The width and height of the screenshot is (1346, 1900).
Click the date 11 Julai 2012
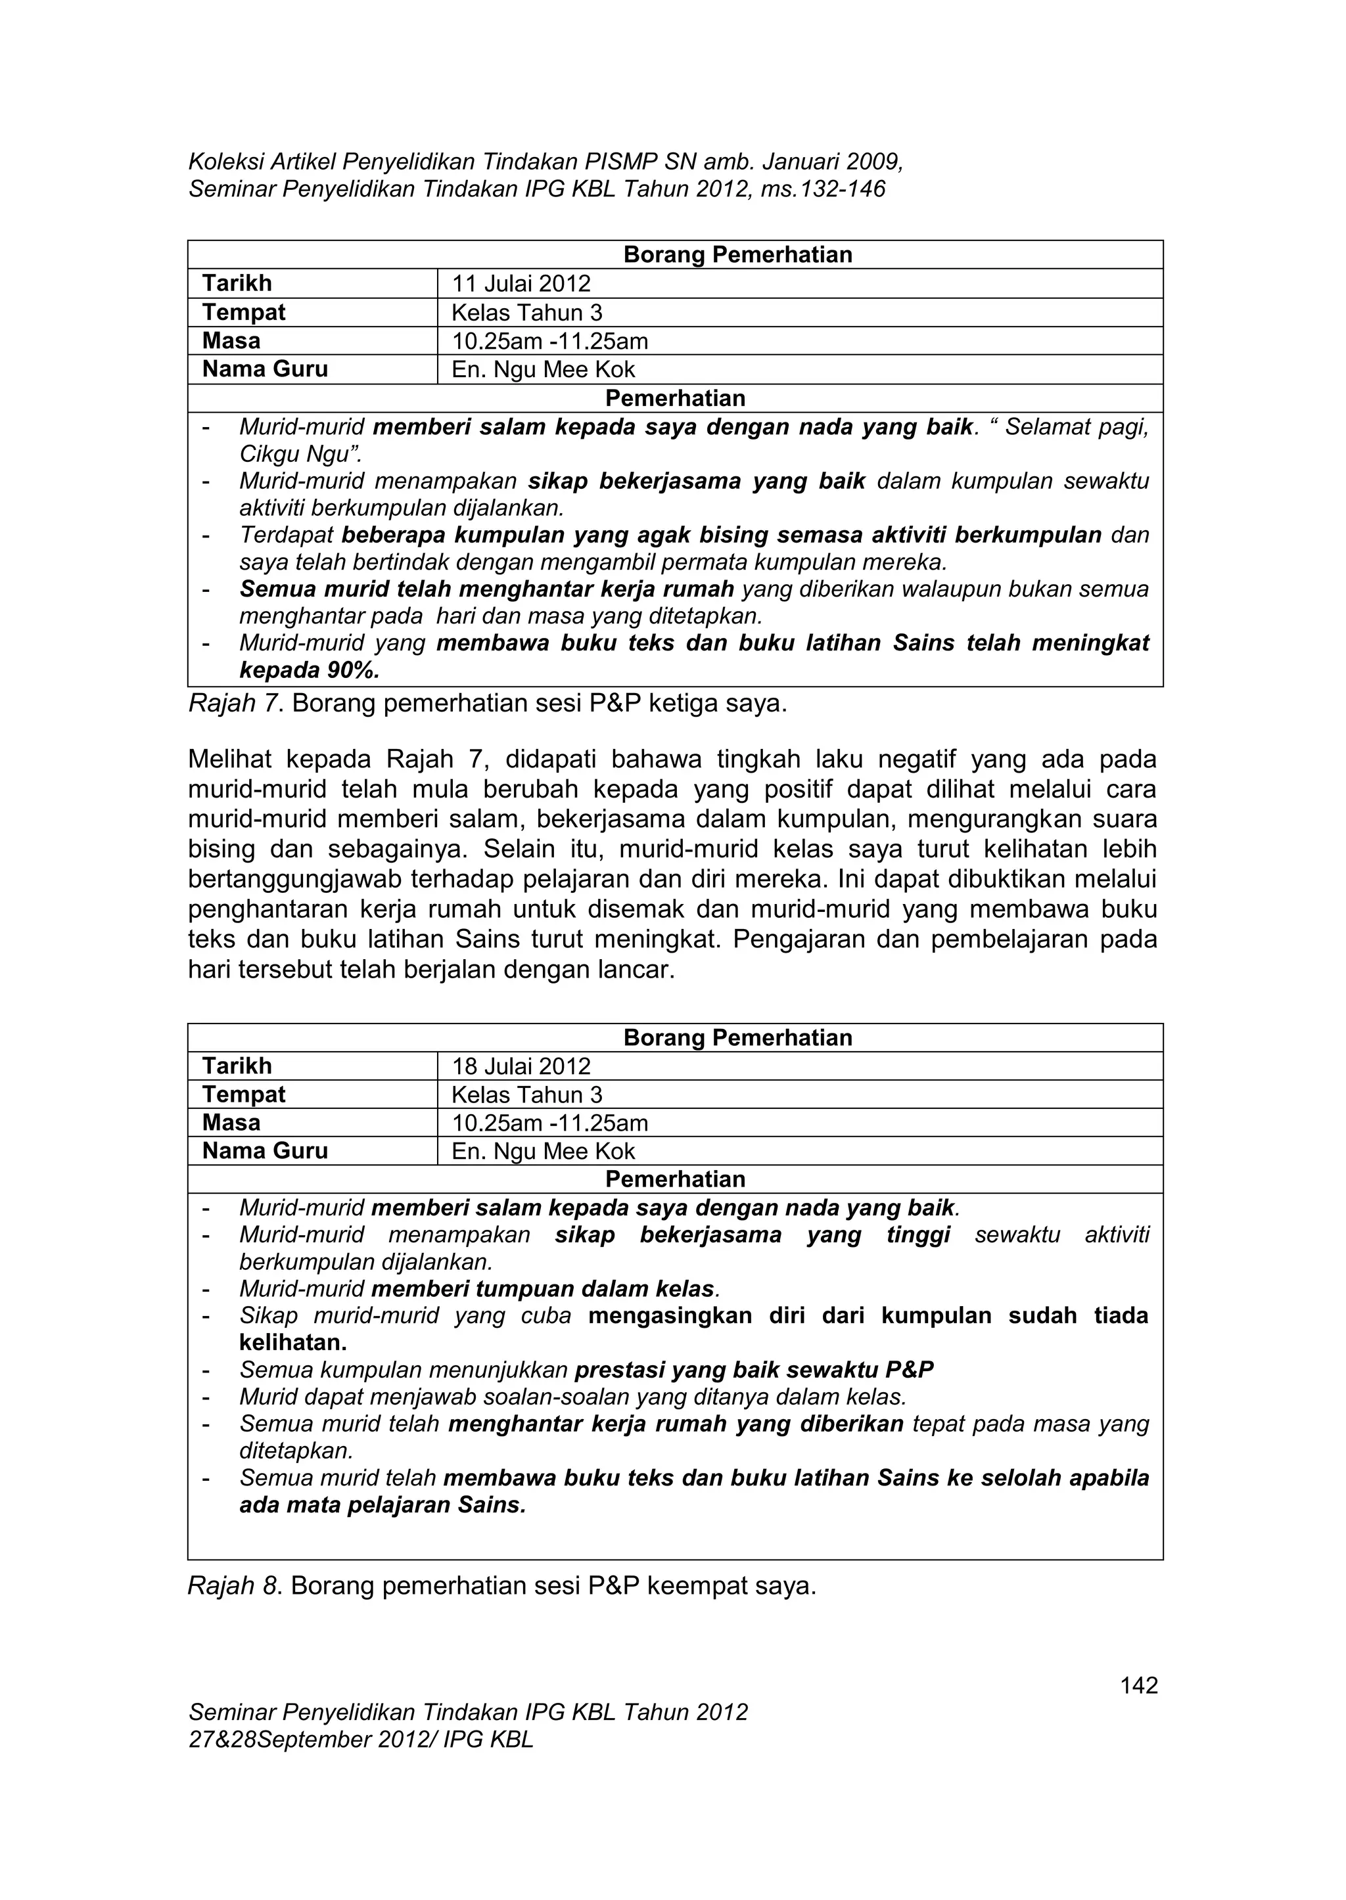(521, 284)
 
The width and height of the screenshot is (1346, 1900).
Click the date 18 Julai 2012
(521, 1066)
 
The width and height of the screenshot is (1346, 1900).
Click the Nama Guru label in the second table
(266, 1151)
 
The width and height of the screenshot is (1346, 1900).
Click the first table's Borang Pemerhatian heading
(737, 254)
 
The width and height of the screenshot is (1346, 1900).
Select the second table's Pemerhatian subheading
(675, 1179)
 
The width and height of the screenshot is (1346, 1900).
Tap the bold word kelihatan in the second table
(292, 1342)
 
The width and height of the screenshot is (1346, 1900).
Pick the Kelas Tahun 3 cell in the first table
(526, 313)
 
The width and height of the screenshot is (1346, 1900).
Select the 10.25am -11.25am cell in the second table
(549, 1123)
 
